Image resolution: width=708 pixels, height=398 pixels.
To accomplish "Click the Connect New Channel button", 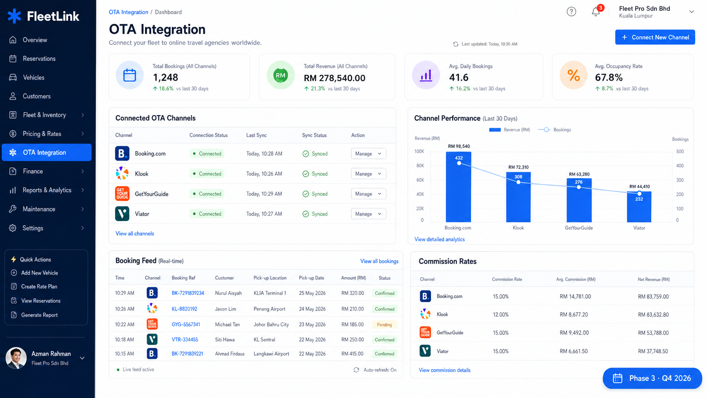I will [655, 37].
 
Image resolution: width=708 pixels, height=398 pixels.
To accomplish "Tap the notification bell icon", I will [596, 12].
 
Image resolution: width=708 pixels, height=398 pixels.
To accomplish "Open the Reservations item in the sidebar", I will [39, 59].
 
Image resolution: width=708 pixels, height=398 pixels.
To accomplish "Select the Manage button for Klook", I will [368, 174].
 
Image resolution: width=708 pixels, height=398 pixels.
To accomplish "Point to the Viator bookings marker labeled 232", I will [639, 193].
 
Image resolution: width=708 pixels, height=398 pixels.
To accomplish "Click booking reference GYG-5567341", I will [186, 324].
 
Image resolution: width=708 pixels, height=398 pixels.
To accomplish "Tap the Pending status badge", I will [384, 325].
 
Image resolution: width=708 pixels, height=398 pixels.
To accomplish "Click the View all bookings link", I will [379, 261].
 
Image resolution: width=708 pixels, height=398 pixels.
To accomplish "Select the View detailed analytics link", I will [439, 240].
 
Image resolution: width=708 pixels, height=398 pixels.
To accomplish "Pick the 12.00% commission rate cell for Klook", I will [501, 315].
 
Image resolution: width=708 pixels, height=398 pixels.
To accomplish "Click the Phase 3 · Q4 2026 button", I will [652, 378].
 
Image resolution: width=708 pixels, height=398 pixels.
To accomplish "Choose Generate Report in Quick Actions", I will [39, 315].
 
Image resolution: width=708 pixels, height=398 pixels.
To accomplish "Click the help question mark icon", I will [571, 12].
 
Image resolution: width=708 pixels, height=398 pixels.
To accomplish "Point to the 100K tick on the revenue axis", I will [419, 152].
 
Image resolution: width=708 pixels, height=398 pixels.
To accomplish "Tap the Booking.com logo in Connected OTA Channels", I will [122, 153].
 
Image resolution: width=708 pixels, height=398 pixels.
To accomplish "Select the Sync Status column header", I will [314, 135].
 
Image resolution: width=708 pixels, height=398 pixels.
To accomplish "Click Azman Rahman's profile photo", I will [16, 358].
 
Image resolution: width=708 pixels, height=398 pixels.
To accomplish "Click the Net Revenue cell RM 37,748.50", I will [653, 351].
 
